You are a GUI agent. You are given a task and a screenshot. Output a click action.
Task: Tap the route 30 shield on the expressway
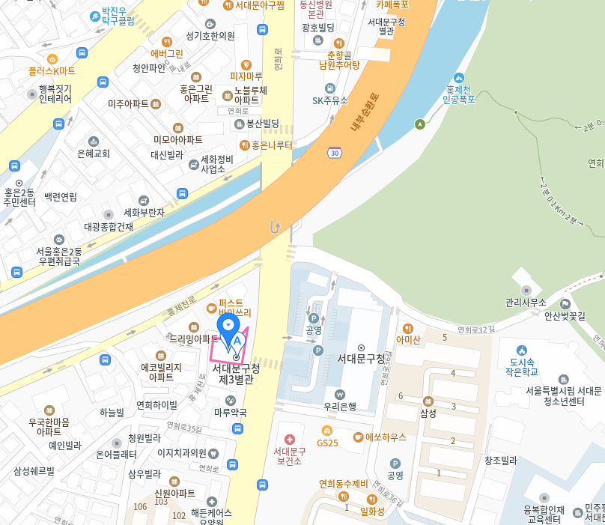pyautogui.click(x=334, y=153)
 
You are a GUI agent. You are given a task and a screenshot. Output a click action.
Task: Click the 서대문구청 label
pyautogui.click(x=361, y=359)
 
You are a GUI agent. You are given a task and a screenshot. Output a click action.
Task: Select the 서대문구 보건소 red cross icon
pyautogui.click(x=290, y=438)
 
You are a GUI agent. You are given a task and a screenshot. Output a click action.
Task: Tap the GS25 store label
pyautogui.click(x=327, y=443)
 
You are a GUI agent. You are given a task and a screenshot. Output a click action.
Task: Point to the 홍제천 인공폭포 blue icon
pyautogui.click(x=459, y=78)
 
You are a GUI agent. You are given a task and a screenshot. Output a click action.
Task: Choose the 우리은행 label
pyautogui.click(x=340, y=407)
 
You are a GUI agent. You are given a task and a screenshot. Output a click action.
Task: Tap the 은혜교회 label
pyautogui.click(x=94, y=154)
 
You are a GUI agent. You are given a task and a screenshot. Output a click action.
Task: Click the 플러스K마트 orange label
pyautogui.click(x=52, y=71)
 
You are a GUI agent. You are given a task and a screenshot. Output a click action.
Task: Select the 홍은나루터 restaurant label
pyautogui.click(x=271, y=145)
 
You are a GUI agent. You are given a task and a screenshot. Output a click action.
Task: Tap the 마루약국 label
pyautogui.click(x=230, y=413)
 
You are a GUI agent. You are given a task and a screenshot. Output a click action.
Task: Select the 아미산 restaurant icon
pyautogui.click(x=408, y=328)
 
